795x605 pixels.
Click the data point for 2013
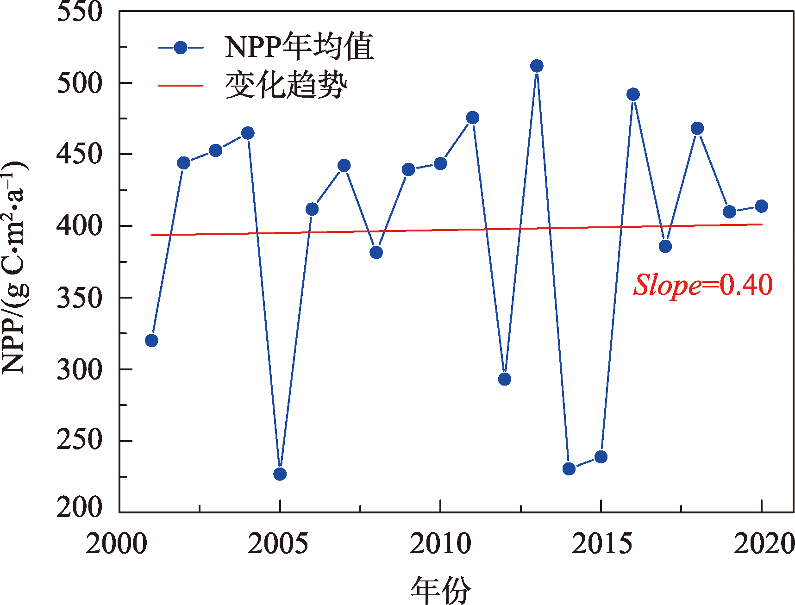coord(537,66)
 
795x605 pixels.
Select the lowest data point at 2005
coord(280,474)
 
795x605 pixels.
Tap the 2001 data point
coord(151,341)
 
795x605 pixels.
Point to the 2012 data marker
coord(505,379)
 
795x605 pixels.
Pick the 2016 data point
coord(633,94)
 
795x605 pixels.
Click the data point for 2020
coord(761,206)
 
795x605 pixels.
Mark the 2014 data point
coord(569,469)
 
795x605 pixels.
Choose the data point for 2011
coord(473,118)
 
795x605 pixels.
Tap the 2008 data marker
coord(376,252)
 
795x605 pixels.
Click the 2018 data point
coord(697,128)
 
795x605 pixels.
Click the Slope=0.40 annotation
coord(703,284)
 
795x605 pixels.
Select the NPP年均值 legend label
coord(299,47)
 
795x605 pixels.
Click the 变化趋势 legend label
coord(286,85)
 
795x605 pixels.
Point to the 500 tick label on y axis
coord(79,83)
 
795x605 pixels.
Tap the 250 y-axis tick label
coord(79,440)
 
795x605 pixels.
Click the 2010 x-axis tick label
coord(440,543)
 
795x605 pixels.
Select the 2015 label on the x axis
coord(601,543)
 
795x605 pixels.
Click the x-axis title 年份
coord(440,590)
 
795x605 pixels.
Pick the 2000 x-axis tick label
coord(117,543)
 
